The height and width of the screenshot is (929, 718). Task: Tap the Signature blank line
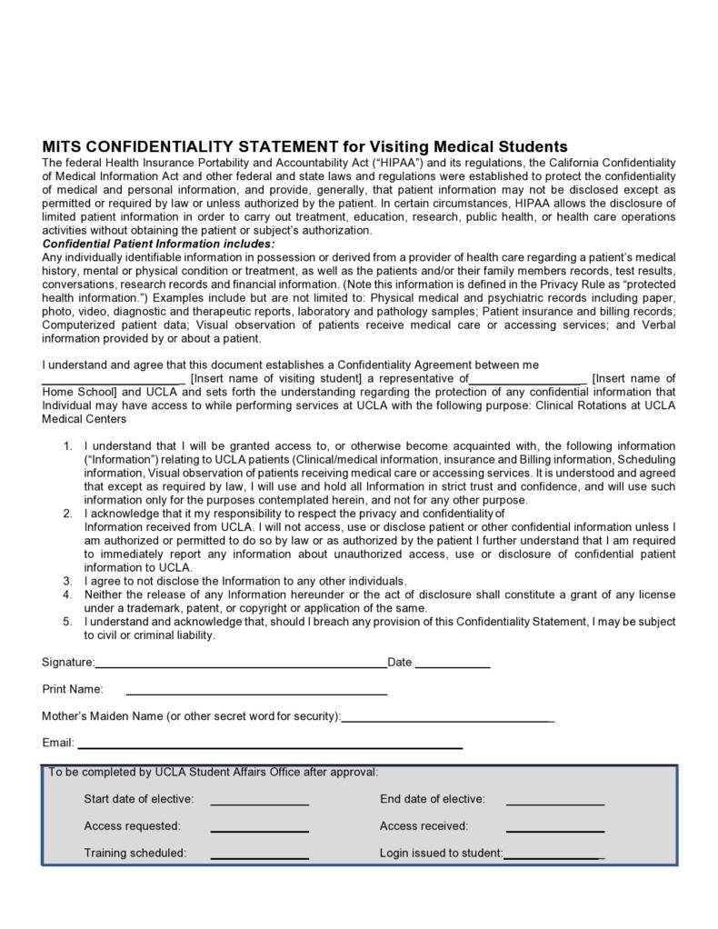pos(241,665)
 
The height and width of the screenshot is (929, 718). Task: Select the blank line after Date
pos(453,665)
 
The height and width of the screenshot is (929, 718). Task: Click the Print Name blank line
pos(256,693)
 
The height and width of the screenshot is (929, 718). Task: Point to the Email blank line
pos(270,746)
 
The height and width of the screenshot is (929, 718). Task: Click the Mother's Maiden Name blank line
pos(448,719)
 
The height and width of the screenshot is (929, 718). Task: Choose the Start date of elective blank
pos(260,803)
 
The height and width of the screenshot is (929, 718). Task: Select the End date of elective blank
pos(555,803)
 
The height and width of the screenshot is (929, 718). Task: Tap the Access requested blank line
pos(260,829)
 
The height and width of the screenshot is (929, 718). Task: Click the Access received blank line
pos(555,829)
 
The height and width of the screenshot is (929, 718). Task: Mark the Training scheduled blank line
pos(260,856)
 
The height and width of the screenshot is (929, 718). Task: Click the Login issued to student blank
pos(552,856)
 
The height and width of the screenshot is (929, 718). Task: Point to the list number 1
pos(68,446)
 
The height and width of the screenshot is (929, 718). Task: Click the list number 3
pos(68,581)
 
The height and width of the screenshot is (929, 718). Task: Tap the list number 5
pos(68,622)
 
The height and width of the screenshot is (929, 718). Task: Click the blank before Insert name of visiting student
pos(114,382)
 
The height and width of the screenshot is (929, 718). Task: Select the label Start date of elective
pos(139,799)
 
